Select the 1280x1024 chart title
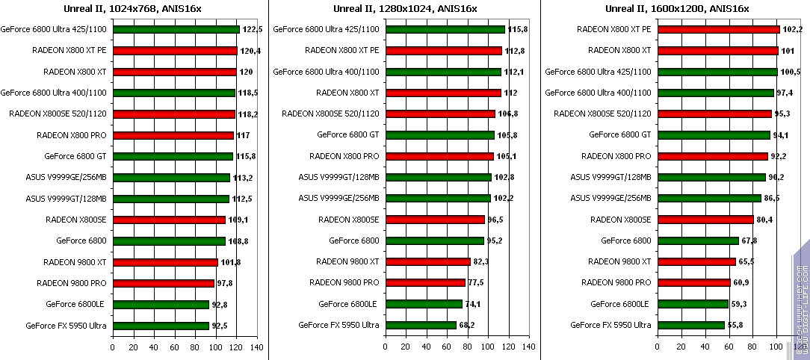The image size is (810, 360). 405,9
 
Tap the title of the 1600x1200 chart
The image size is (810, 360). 676,9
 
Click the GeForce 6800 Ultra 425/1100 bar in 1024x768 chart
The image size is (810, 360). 176,30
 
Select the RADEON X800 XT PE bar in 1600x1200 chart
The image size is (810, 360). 718,30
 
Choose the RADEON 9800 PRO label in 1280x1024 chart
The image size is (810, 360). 348,283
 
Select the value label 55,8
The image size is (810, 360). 738,325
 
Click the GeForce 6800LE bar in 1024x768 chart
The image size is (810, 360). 161,304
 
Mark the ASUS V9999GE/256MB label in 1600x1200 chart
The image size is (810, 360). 610,198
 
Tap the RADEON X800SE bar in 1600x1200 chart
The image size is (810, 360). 705,220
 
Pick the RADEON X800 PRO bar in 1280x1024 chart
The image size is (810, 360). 439,156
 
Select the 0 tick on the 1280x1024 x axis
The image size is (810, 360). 385,347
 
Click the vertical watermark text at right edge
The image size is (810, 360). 800,299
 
